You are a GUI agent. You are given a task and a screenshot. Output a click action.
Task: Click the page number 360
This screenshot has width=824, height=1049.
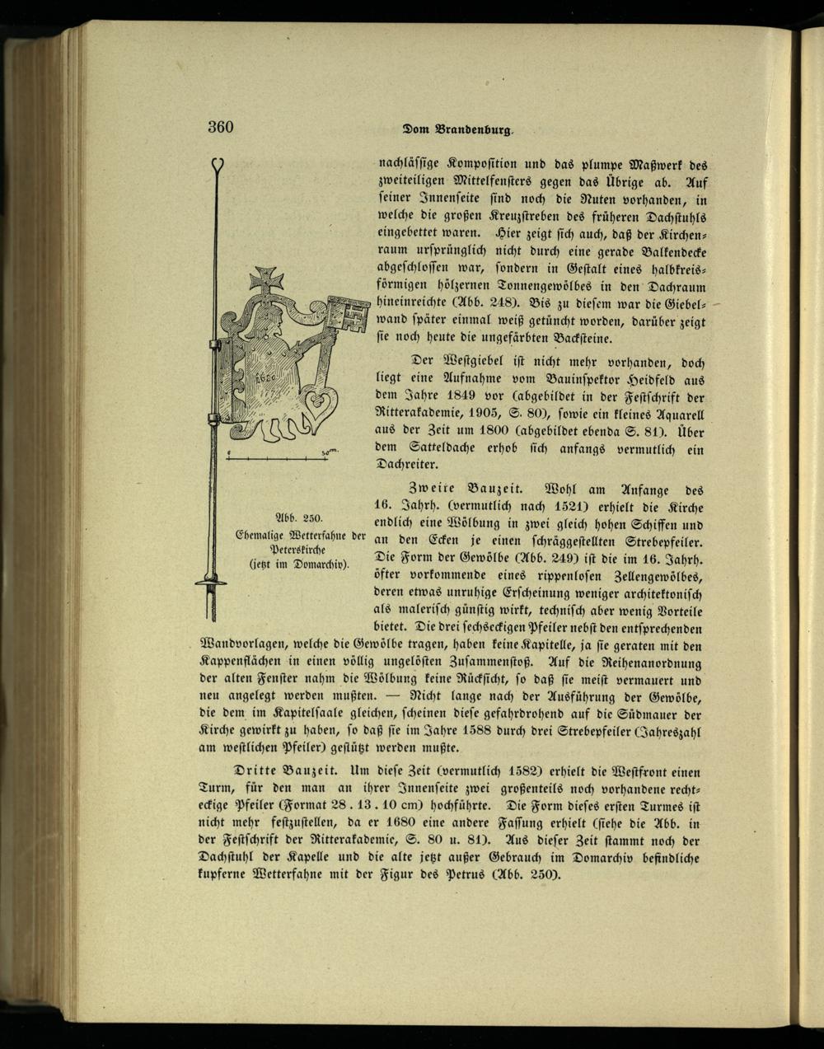(x=221, y=127)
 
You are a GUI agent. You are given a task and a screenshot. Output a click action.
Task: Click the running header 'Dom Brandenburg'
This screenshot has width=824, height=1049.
(x=458, y=129)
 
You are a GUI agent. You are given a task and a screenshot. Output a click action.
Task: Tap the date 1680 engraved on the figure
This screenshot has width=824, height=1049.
(x=265, y=375)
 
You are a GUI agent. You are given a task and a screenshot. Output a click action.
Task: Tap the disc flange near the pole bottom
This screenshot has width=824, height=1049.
(x=211, y=583)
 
